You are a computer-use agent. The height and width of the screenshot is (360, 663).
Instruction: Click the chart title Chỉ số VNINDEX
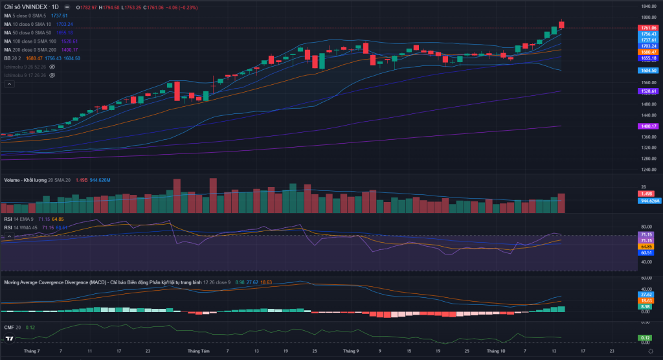[x=32, y=6]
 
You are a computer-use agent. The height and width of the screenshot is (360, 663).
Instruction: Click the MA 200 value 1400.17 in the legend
[x=69, y=49]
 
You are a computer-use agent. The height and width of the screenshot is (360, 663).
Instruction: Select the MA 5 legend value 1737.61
[x=59, y=16]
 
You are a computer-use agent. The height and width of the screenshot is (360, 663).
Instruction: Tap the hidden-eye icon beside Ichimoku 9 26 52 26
[x=52, y=67]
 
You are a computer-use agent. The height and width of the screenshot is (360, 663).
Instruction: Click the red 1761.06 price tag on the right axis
[x=648, y=28]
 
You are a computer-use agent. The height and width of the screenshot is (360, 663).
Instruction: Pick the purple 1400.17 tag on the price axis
[x=648, y=126]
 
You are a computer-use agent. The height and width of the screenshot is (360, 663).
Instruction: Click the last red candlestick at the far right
[x=561, y=25]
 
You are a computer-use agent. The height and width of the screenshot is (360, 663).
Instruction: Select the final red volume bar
[x=561, y=203]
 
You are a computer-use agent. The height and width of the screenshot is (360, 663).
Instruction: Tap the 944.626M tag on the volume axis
[x=649, y=201]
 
